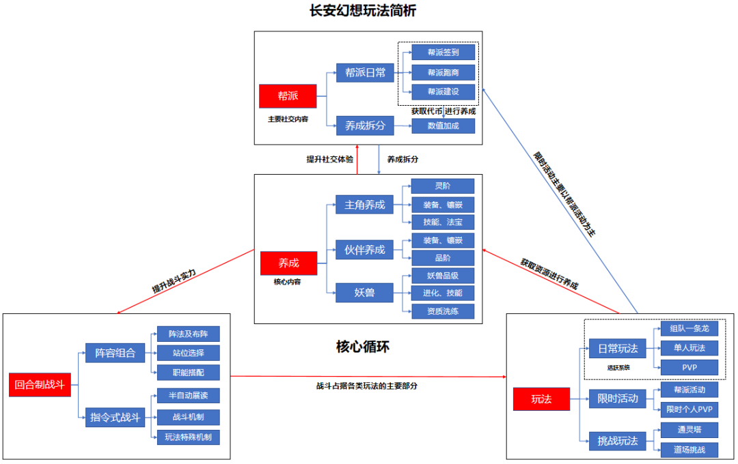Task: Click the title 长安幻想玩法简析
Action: (363, 12)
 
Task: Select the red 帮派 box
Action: (288, 96)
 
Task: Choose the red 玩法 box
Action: (541, 399)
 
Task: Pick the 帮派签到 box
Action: (443, 53)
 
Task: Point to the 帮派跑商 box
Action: (443, 72)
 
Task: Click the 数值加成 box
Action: (443, 126)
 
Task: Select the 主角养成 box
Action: (364, 204)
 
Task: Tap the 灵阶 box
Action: (443, 186)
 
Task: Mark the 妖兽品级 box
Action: (443, 276)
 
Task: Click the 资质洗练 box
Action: (443, 311)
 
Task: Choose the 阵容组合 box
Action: (115, 353)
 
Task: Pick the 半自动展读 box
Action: (189, 396)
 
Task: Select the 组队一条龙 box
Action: (689, 328)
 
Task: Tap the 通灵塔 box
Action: (689, 430)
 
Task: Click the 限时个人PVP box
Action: (689, 409)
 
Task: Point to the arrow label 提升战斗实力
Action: (174, 280)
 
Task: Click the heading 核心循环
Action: (363, 347)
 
